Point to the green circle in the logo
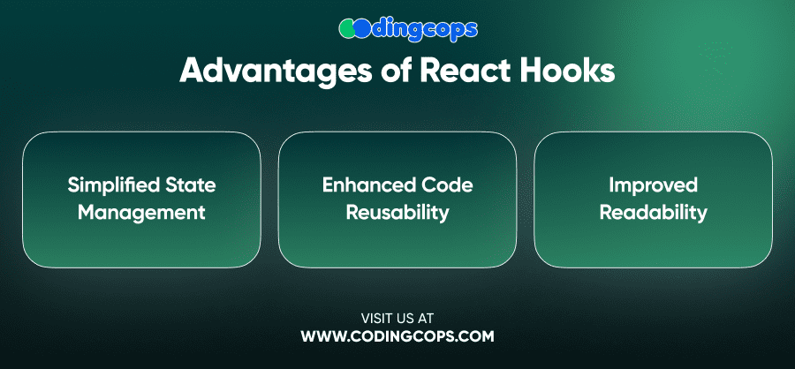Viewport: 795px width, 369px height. pyautogui.click(x=347, y=28)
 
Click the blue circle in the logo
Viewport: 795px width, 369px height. pyautogui.click(x=362, y=28)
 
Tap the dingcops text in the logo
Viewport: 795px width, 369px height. pyautogui.click(x=424, y=29)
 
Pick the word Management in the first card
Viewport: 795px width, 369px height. pyautogui.click(x=141, y=213)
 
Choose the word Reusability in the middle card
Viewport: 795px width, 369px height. pyautogui.click(x=397, y=214)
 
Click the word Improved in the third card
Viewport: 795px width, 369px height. pyautogui.click(x=654, y=186)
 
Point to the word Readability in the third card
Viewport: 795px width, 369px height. pyautogui.click(x=653, y=214)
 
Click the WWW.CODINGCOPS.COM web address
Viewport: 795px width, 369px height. pyautogui.click(x=397, y=336)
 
